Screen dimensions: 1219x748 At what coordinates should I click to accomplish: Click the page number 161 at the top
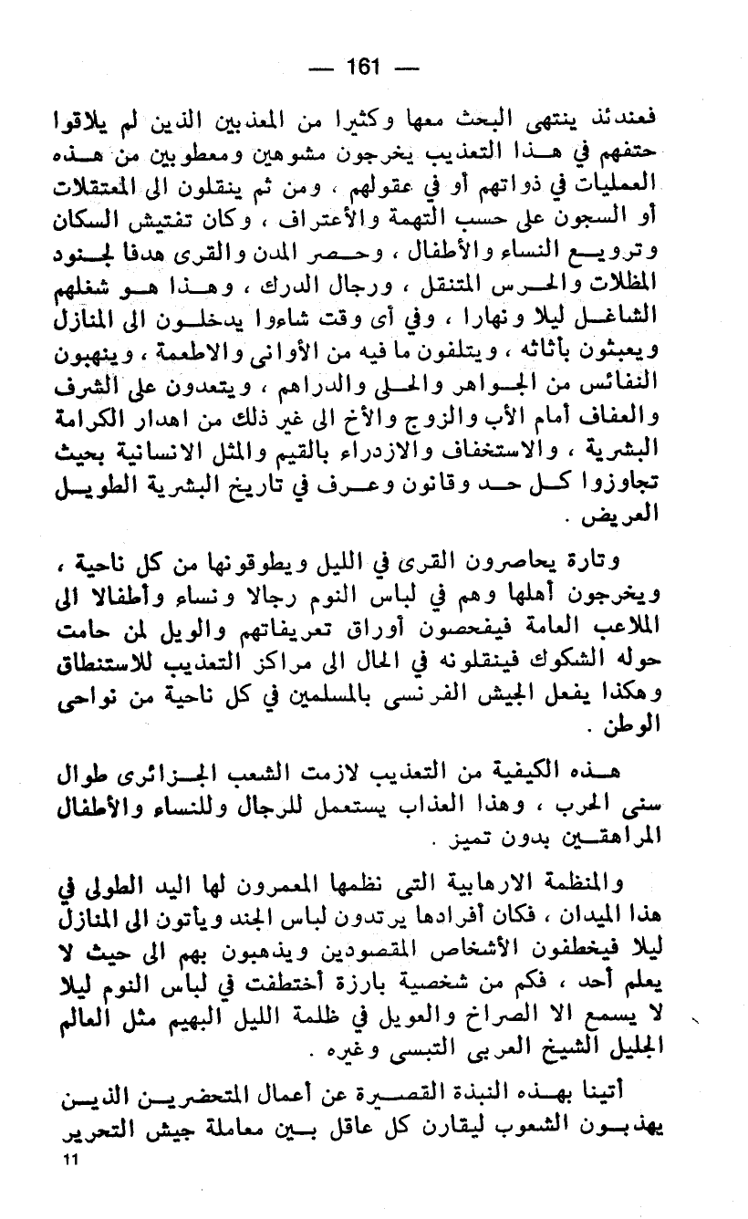pos(362,67)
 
